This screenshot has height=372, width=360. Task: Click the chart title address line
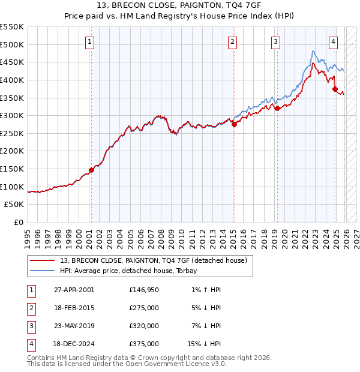179,5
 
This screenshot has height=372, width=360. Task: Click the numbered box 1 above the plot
89,41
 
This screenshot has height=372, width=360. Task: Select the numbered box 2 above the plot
232,41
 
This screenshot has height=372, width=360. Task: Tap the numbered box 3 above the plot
275,41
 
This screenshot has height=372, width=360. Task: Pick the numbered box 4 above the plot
333,41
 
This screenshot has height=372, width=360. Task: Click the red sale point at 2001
91,170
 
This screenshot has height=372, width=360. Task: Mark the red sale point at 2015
234,124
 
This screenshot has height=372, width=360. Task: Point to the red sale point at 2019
277,108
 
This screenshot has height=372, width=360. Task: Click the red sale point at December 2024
335,89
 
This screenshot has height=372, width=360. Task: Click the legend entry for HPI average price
133,271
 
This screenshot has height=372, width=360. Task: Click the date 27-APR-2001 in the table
73,290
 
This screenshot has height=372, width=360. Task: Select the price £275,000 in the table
144,308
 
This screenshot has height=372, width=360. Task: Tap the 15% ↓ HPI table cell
204,344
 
